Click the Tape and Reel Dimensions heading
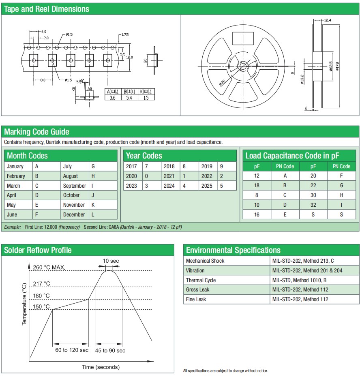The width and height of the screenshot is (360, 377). coord(46,9)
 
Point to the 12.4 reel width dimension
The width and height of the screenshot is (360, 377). coord(328,20)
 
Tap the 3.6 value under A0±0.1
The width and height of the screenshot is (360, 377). coord(113,98)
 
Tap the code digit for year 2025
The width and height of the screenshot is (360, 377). coord(221,186)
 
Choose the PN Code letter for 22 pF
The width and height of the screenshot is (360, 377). coord(341,186)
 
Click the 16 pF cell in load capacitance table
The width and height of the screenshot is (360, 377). coord(257,214)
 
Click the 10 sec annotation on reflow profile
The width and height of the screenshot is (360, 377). coord(111,261)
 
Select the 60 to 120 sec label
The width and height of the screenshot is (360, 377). coord(72,350)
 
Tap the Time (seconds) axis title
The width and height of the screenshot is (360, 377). coord(101,367)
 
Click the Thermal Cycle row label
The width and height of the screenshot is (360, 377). coord(201,280)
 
